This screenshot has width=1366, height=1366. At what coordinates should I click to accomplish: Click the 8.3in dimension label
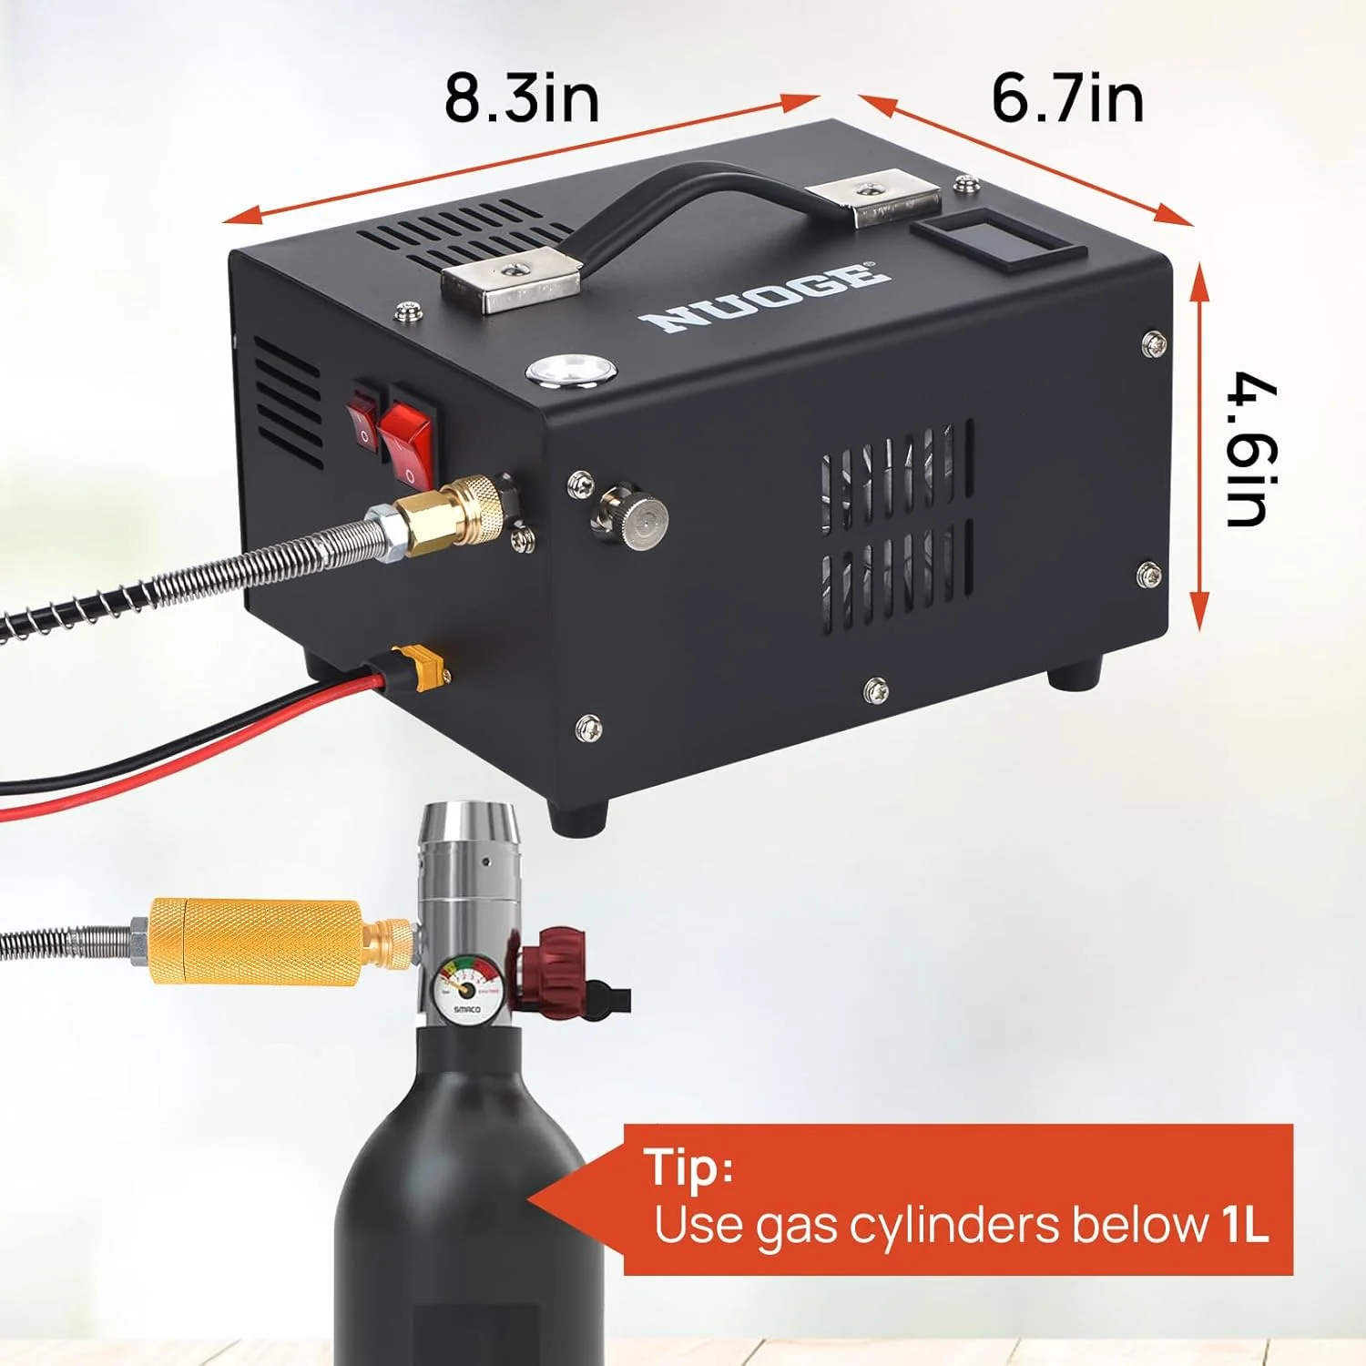[522, 98]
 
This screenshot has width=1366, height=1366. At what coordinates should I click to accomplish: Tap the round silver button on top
[571, 372]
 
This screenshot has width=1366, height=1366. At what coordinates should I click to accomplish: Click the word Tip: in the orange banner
[688, 1167]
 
